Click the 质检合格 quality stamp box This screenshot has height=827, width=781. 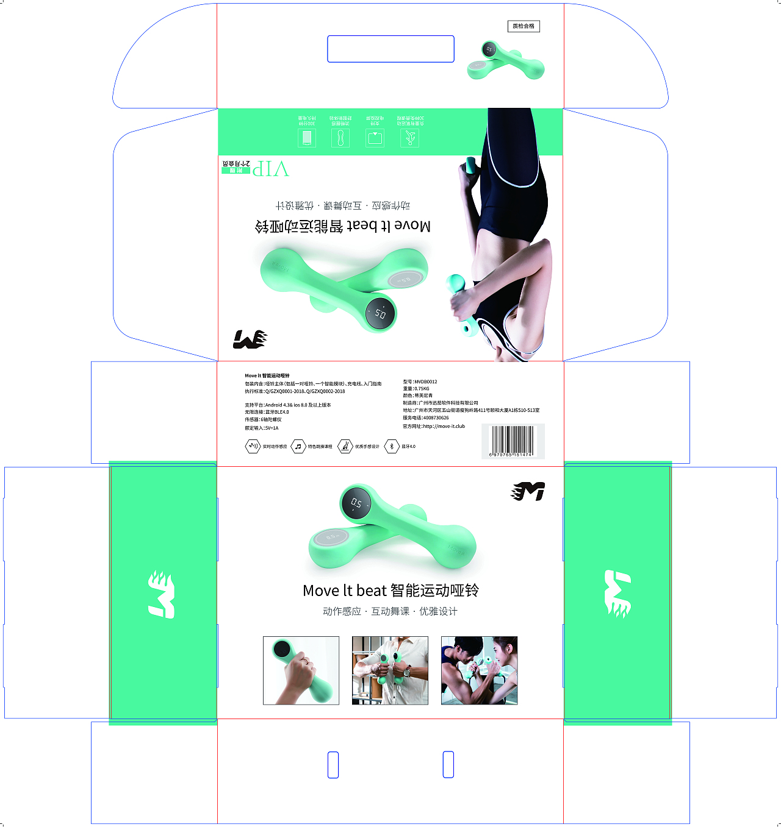[x=524, y=26]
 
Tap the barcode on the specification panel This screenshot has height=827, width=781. [x=512, y=441]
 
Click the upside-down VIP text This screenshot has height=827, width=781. [x=271, y=169]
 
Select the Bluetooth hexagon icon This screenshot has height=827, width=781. [x=392, y=447]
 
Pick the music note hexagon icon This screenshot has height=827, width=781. [x=298, y=447]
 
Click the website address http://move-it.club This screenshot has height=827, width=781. [x=444, y=427]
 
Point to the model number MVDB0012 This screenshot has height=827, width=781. [x=425, y=382]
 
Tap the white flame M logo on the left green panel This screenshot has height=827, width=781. [x=162, y=594]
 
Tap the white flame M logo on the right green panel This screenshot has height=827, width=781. [x=617, y=594]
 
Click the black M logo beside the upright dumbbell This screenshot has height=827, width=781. [x=528, y=491]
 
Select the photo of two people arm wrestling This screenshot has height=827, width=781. [x=479, y=670]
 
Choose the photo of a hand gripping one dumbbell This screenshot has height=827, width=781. [x=301, y=670]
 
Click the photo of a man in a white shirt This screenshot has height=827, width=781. [x=390, y=670]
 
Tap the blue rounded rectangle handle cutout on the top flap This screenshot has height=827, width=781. [x=390, y=49]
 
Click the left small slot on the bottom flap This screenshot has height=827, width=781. [x=333, y=765]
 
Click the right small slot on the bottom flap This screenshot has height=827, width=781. [x=448, y=765]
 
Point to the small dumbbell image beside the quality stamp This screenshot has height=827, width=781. [x=505, y=61]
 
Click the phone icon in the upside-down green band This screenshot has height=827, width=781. [x=307, y=138]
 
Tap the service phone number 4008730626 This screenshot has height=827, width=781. [x=436, y=418]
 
